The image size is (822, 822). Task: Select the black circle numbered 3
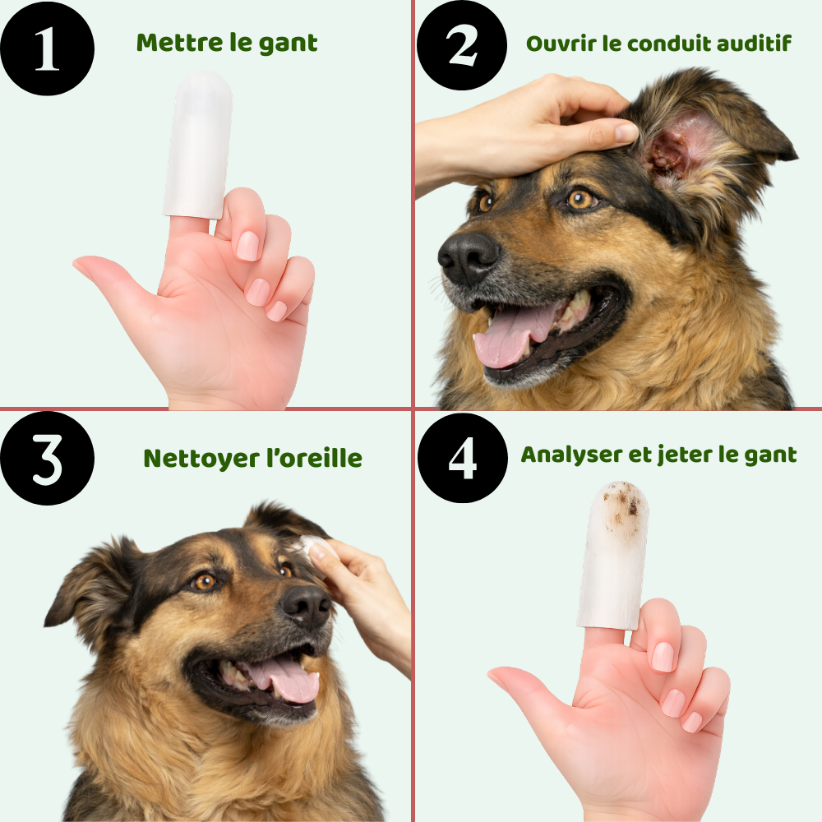click(x=47, y=459)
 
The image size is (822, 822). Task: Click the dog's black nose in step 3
click(x=307, y=607)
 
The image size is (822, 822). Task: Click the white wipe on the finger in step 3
click(x=312, y=544)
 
